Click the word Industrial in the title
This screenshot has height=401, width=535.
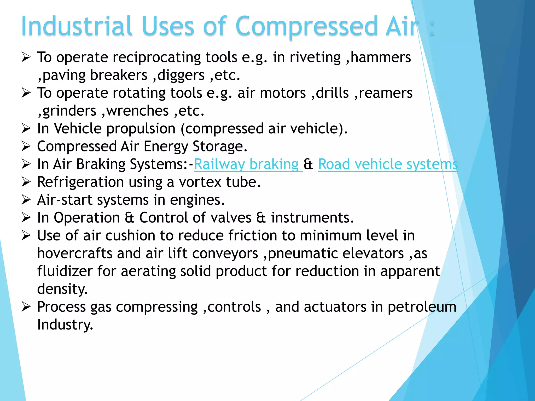point(77,26)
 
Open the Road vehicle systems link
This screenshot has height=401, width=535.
point(388,164)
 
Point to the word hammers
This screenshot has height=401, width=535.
point(381,57)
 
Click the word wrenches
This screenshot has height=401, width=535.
point(137,111)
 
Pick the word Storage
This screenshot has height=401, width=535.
point(219,146)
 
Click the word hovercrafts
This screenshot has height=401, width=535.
point(75,253)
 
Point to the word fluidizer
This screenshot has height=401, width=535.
point(65,271)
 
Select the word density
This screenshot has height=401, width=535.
point(62,289)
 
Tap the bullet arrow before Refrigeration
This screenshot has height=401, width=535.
point(26,182)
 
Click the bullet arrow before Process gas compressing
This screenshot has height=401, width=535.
point(26,307)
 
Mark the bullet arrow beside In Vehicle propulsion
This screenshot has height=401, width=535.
point(26,128)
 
